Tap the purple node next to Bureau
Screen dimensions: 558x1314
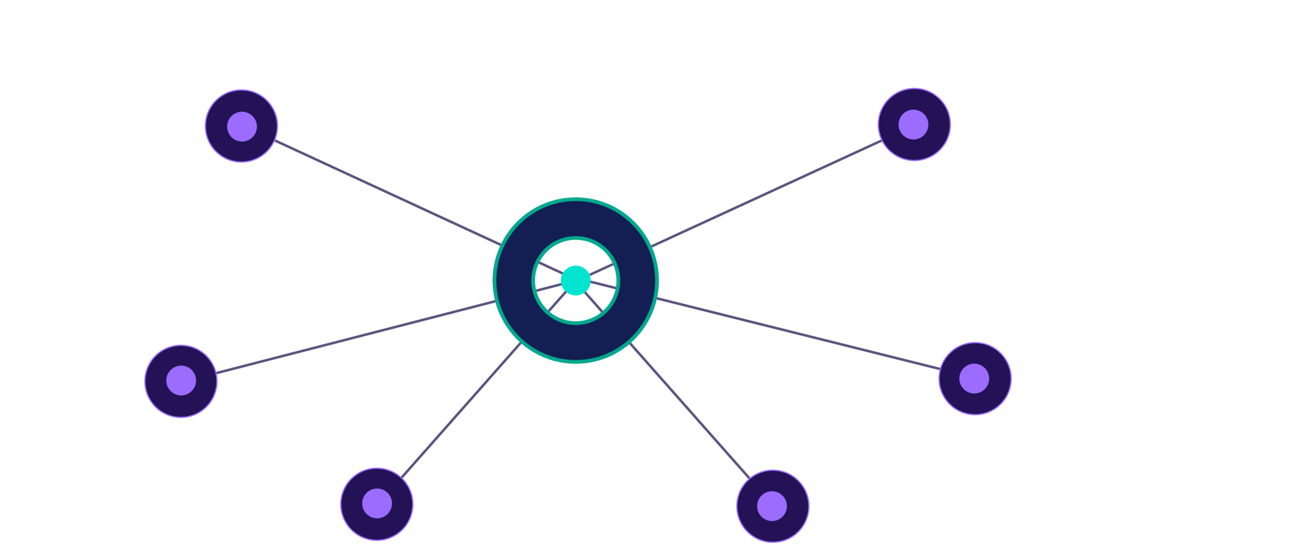241,126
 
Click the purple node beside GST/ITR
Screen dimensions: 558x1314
914,124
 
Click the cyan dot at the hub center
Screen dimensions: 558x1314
575,280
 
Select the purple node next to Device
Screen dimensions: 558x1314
181,381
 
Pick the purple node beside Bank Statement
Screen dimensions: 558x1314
974,379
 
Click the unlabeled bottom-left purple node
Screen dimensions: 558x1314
377,504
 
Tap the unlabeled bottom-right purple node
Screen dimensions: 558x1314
772,506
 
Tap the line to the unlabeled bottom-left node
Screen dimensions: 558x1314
462,410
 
